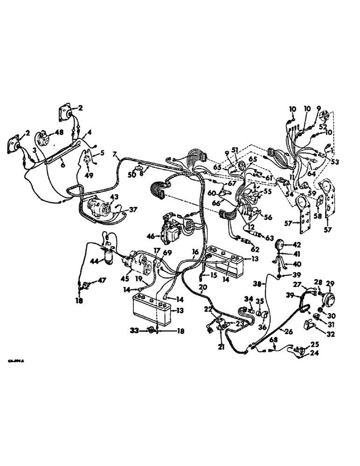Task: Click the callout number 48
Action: pos(59,132)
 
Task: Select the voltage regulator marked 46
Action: pos(170,229)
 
